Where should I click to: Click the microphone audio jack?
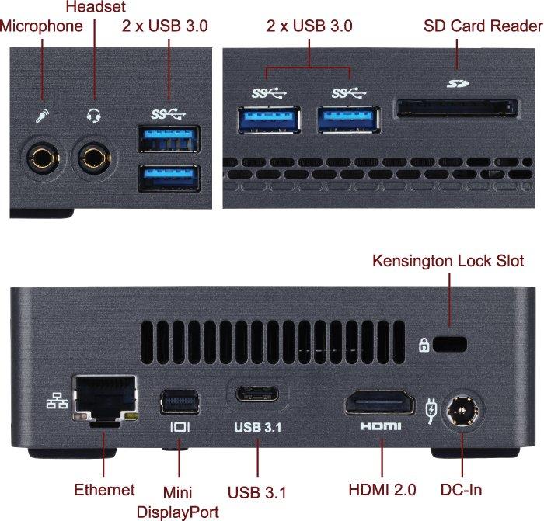[x=42, y=158]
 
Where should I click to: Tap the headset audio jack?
[x=94, y=158]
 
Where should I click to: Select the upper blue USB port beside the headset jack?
[x=167, y=140]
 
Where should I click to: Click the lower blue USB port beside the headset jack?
[x=167, y=178]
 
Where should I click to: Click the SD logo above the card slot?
[x=457, y=82]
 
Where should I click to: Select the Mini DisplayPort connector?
[x=180, y=401]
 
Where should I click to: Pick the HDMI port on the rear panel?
[x=380, y=404]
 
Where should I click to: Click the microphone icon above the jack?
[x=42, y=116]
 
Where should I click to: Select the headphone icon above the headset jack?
[x=94, y=116]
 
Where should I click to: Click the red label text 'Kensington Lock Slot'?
[x=448, y=260]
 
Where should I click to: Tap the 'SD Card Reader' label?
[x=483, y=26]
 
